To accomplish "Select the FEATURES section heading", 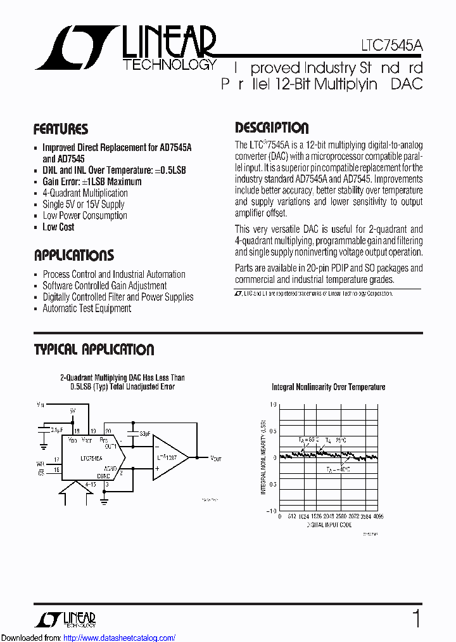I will pyautogui.click(x=61, y=129).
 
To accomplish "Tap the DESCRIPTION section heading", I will pyautogui.click(x=272, y=128).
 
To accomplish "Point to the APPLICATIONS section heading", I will pyautogui.click(x=73, y=256).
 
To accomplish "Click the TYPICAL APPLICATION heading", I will pyautogui.click(x=94, y=350).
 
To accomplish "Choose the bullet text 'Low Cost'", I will pyautogui.click(x=58, y=227).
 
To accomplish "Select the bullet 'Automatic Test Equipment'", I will pyautogui.click(x=87, y=308).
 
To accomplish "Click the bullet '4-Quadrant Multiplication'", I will pyautogui.click(x=85, y=193).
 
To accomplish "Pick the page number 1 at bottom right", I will pyautogui.click(x=416, y=619).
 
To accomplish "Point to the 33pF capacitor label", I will pyautogui.click(x=145, y=434).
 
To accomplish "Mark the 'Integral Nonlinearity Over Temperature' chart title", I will pyautogui.click(x=328, y=387).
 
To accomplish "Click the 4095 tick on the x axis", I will pyautogui.click(x=378, y=516).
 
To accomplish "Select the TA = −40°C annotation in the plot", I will pyautogui.click(x=339, y=470).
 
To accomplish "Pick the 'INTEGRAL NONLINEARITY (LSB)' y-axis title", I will pyautogui.click(x=263, y=457).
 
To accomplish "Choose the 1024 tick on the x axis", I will pyautogui.click(x=304, y=516).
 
